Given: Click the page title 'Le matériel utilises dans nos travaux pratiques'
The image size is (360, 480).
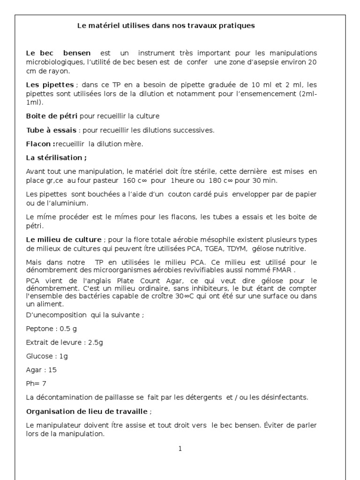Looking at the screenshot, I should [166, 26].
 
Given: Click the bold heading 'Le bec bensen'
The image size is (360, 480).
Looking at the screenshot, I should [59, 53].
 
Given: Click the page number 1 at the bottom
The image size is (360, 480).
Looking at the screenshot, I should [180, 449].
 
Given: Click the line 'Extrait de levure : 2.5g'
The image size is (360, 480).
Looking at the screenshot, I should [64, 342].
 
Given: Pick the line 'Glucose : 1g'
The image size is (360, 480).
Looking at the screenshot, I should [47, 356].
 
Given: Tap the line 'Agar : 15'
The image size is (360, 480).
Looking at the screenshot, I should [41, 370].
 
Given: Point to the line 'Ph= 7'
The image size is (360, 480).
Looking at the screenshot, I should [36, 383].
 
